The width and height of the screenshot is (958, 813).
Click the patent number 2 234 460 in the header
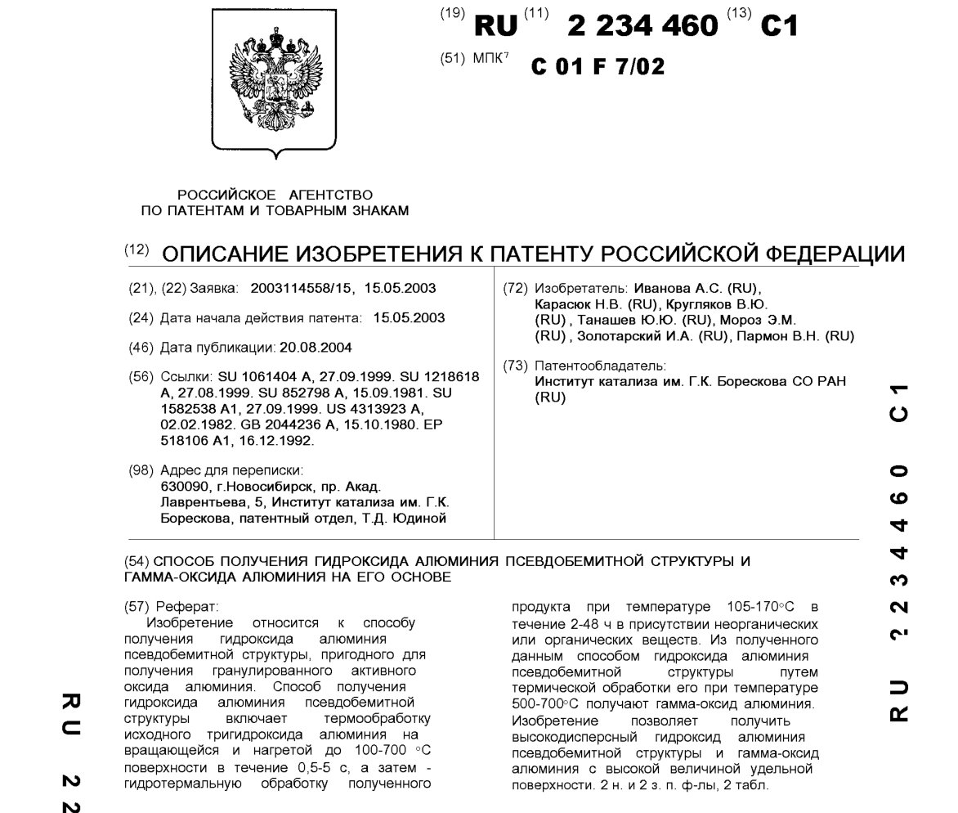642,26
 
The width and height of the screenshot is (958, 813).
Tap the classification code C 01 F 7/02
598,66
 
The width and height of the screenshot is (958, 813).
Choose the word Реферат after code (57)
192,607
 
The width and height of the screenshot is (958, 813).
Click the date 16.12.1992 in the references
283,440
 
